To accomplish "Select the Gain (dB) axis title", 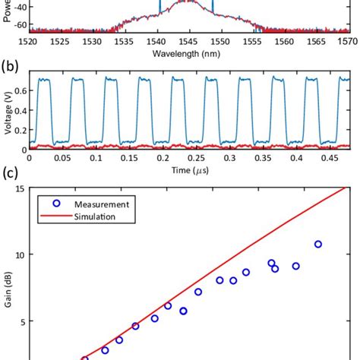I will [x=8, y=289].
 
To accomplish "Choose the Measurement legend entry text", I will [x=94, y=204].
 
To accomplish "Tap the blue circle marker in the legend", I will [x=54, y=204].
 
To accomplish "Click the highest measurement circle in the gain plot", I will [x=318, y=244].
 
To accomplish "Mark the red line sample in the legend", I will [x=54, y=216].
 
